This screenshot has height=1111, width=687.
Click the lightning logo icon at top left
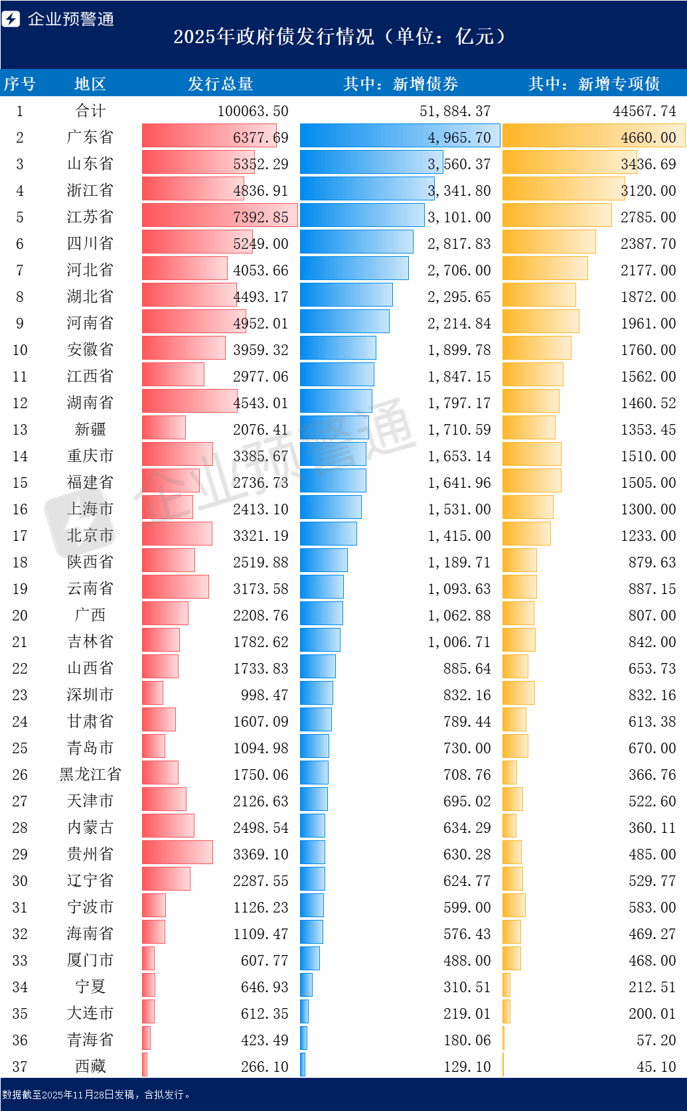[x=11, y=19]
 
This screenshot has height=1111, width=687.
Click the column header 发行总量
[x=220, y=84]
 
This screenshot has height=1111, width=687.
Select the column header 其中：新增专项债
[x=594, y=84]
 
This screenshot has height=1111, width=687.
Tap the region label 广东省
[x=90, y=137]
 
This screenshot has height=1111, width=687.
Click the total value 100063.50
[x=253, y=111]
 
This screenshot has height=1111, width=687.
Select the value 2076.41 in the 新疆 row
[x=260, y=429]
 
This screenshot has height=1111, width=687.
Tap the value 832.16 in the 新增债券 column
[x=467, y=694]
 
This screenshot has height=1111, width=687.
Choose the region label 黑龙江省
[x=90, y=775]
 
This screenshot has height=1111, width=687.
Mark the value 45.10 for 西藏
[x=656, y=1067]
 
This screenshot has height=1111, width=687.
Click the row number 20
[x=20, y=615]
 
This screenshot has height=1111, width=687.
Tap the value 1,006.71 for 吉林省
[x=459, y=642]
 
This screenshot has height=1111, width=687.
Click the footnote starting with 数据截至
[x=96, y=1094]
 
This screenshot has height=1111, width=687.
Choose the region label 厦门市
[x=90, y=960]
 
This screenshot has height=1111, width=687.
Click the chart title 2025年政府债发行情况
[x=273, y=37]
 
